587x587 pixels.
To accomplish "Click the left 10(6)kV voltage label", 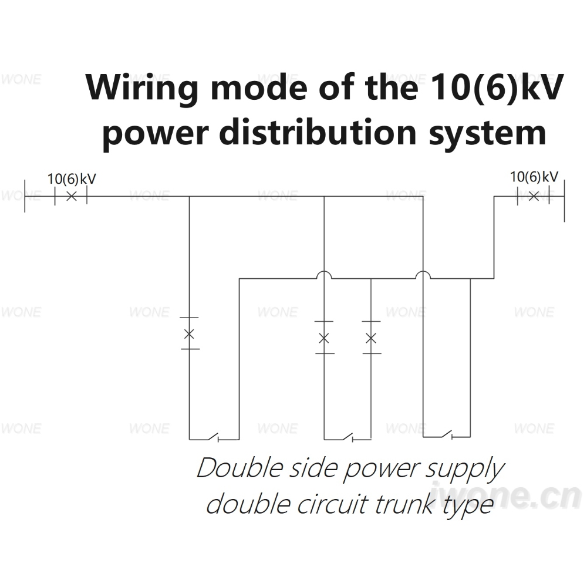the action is point(72,179).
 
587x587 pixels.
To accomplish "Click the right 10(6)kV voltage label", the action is point(534,177).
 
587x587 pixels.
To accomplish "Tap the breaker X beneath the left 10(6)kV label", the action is point(72,196).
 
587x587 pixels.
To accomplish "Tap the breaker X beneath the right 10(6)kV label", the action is point(534,196).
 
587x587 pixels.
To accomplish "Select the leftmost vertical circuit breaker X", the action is point(189,333).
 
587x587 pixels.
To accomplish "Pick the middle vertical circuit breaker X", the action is point(324,338).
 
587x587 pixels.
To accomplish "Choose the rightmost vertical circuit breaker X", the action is point(370,338).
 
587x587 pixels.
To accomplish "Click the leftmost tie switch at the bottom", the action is point(214,437).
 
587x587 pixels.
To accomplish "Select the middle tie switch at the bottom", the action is point(348,437).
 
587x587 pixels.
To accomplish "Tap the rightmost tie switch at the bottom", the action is point(446,434).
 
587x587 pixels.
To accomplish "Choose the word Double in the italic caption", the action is point(239,468).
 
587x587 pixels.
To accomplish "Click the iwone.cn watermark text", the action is point(507,495).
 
